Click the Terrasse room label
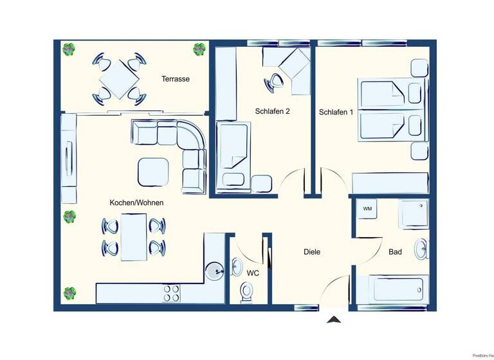(x=176, y=79)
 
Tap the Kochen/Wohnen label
(x=136, y=203)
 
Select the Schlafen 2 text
(x=273, y=111)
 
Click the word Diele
(x=312, y=252)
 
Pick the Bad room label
(x=395, y=252)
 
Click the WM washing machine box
(x=367, y=209)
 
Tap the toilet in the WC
(x=246, y=292)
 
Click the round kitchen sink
(x=214, y=271)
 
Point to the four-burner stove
(x=172, y=293)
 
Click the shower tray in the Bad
(x=414, y=213)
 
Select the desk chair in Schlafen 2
(x=277, y=80)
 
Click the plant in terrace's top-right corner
(x=199, y=49)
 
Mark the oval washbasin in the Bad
(x=421, y=249)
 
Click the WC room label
(x=253, y=273)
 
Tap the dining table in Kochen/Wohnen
(x=134, y=236)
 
